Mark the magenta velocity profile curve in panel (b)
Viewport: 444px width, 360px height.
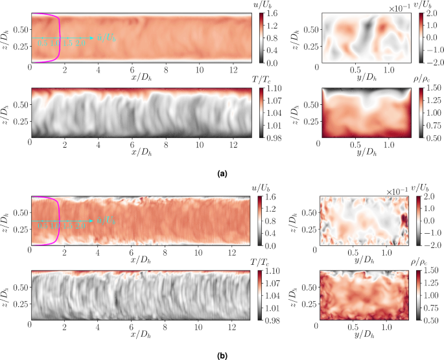(x=60, y=220)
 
